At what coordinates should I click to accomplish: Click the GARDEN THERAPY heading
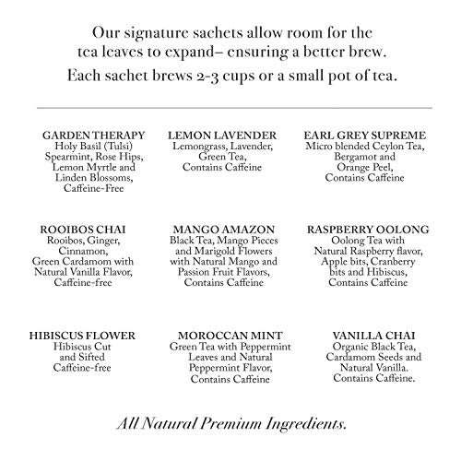tap(90, 135)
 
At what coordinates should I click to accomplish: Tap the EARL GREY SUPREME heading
tap(369, 135)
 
